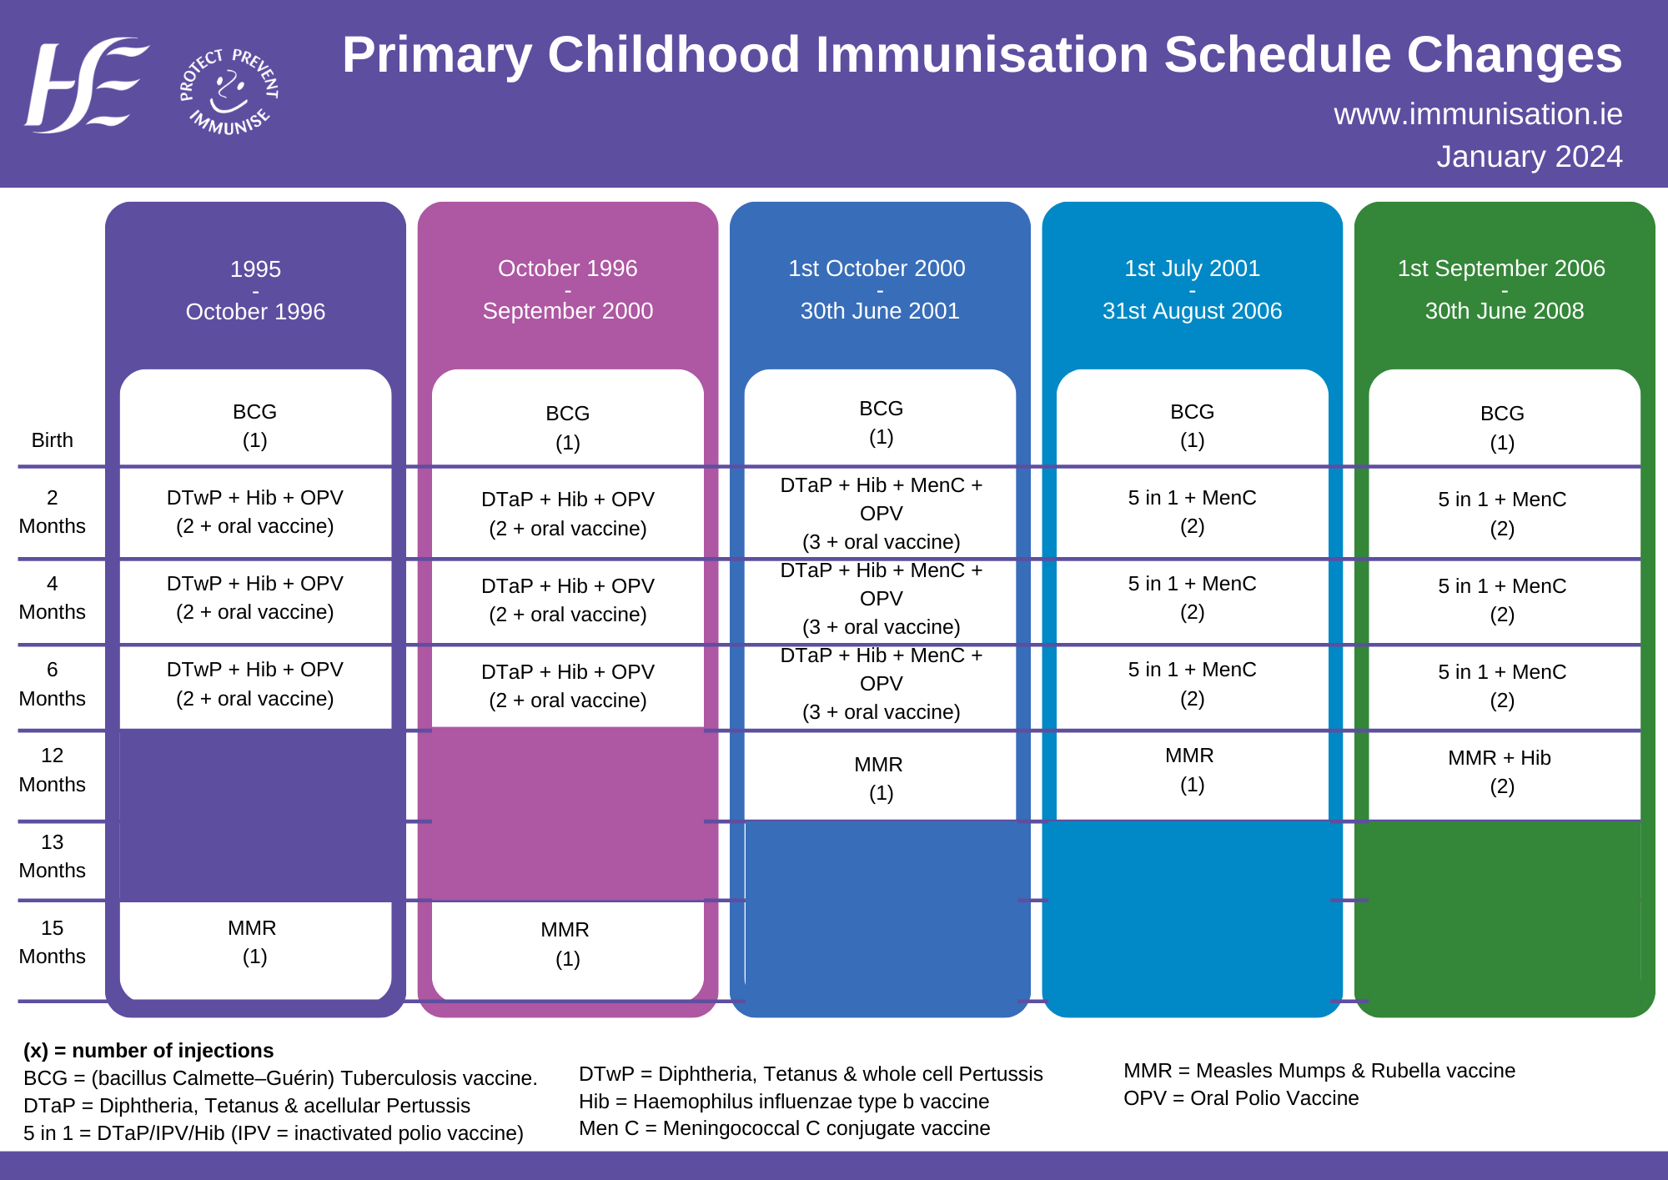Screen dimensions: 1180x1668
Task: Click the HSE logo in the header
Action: point(85,85)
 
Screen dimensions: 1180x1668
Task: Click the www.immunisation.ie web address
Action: point(1477,114)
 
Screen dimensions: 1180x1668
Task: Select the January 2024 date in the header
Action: point(1529,157)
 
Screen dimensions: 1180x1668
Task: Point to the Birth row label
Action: point(52,440)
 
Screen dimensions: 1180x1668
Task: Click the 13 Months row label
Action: point(52,856)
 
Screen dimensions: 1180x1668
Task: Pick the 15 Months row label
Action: point(52,942)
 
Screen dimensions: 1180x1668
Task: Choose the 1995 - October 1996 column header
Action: point(255,290)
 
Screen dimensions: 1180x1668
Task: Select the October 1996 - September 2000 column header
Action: point(567,289)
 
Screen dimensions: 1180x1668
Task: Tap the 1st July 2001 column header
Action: point(1192,289)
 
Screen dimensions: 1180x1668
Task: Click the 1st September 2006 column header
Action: point(1501,289)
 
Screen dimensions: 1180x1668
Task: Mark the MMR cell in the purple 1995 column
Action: point(254,942)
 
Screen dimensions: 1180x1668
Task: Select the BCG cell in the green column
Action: point(1502,428)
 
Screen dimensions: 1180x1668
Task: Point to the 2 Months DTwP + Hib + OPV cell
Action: point(254,512)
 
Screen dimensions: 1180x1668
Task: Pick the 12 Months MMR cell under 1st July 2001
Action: point(1191,770)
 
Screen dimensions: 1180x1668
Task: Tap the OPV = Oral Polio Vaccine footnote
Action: point(1241,1098)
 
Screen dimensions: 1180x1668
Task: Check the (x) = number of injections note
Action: point(148,1051)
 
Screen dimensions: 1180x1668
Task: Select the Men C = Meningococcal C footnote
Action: point(784,1128)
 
